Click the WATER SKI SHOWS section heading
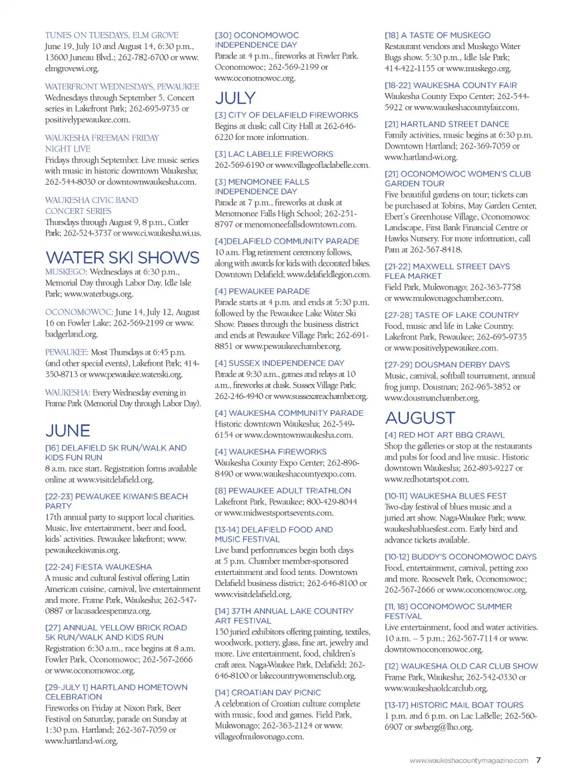(123, 258)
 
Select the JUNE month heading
(68, 431)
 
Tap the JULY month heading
(235, 98)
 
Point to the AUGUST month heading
(420, 418)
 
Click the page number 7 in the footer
(539, 760)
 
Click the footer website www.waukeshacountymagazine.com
(469, 761)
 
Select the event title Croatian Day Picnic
(267, 693)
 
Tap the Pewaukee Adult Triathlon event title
(282, 491)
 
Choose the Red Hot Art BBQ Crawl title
(445, 435)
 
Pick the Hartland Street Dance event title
(447, 124)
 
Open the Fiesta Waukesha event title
(99, 567)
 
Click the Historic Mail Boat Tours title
(454, 705)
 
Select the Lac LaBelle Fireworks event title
(273, 154)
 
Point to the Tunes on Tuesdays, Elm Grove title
(112, 35)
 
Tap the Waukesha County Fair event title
(451, 85)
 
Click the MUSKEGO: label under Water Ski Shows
(66, 272)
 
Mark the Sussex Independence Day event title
(279, 363)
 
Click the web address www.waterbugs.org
(99, 294)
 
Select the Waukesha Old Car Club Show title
(461, 666)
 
